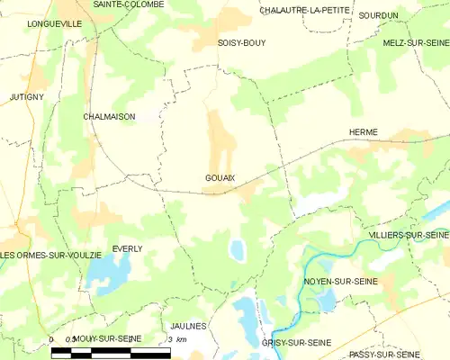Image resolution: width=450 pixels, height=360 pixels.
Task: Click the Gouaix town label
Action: [x=220, y=178]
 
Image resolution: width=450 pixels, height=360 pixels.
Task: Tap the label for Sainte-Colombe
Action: [x=129, y=4]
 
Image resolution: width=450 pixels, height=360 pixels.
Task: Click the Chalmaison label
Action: [x=108, y=116]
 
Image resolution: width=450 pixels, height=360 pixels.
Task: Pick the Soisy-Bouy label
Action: [x=241, y=42]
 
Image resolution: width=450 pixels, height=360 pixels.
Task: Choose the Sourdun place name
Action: [x=378, y=15]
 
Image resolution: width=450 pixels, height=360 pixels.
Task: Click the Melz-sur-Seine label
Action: [x=415, y=42]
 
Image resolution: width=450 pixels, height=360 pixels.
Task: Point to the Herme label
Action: [x=364, y=132]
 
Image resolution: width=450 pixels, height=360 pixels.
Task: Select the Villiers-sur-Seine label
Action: [x=409, y=235]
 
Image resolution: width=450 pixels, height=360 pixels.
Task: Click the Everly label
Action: [x=127, y=248]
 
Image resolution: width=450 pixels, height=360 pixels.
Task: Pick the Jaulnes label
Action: [x=189, y=326]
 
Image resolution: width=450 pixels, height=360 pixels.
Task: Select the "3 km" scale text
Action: [x=177, y=338]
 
